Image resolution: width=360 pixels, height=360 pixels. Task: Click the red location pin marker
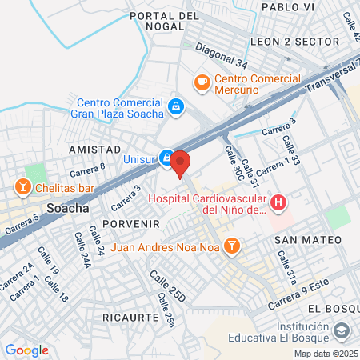(x=180, y=162)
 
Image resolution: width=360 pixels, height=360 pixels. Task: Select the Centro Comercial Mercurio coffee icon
(x=202, y=81)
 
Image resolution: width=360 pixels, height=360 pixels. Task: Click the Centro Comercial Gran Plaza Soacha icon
(x=175, y=106)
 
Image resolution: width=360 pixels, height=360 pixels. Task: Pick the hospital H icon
(x=278, y=203)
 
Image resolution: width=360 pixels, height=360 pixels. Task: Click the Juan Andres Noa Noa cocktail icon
(x=231, y=246)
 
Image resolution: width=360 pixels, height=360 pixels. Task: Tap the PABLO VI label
(x=285, y=6)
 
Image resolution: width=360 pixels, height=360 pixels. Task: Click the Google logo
(x=26, y=350)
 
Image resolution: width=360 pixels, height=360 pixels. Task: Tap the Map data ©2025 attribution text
(x=324, y=354)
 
